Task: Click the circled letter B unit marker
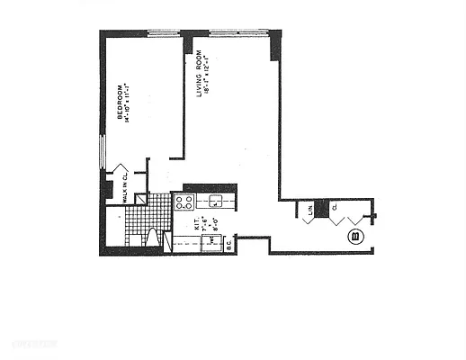click(354, 238)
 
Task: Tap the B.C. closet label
click(229, 242)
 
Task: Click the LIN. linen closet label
click(309, 210)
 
